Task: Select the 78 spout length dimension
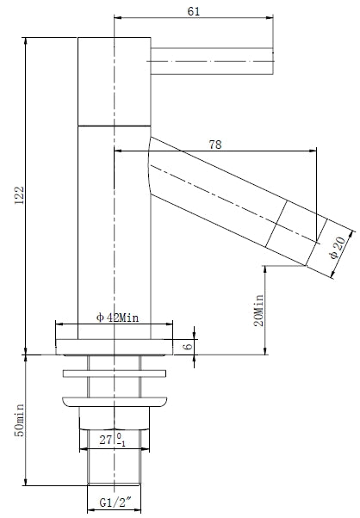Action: tap(216, 145)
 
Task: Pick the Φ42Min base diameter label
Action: tap(117, 317)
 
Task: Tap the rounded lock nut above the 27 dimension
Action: tap(114, 401)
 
